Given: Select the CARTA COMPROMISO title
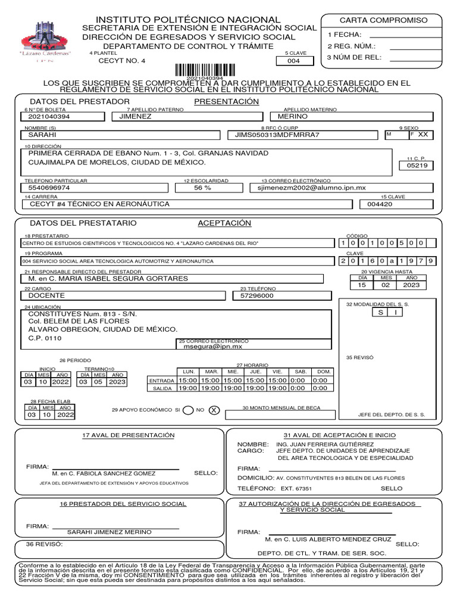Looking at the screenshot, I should point(383,20).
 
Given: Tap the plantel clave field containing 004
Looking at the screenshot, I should point(293,61).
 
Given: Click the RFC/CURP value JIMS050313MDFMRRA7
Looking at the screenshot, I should point(277,135).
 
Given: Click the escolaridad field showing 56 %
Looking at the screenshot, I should point(202,188).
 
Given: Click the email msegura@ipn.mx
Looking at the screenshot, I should point(212,346).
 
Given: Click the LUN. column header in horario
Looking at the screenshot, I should point(189,372).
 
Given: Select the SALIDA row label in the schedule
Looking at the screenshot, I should point(161,388).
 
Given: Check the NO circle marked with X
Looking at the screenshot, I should point(214,410).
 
